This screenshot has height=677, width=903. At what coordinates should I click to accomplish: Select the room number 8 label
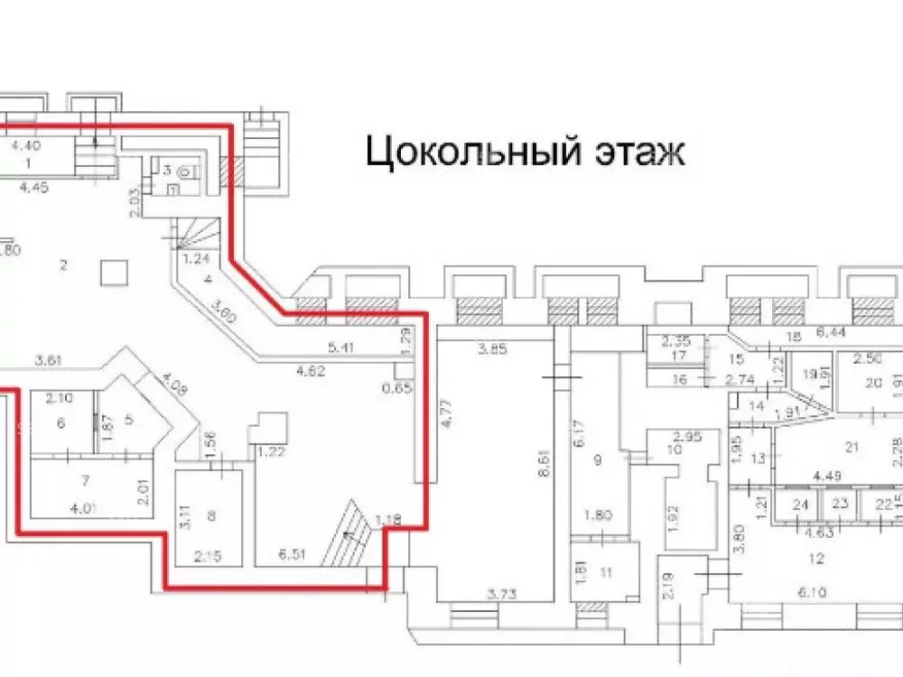click(x=212, y=516)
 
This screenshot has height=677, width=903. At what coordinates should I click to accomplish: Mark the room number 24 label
click(x=798, y=505)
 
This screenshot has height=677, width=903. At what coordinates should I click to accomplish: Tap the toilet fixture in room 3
click(x=184, y=169)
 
